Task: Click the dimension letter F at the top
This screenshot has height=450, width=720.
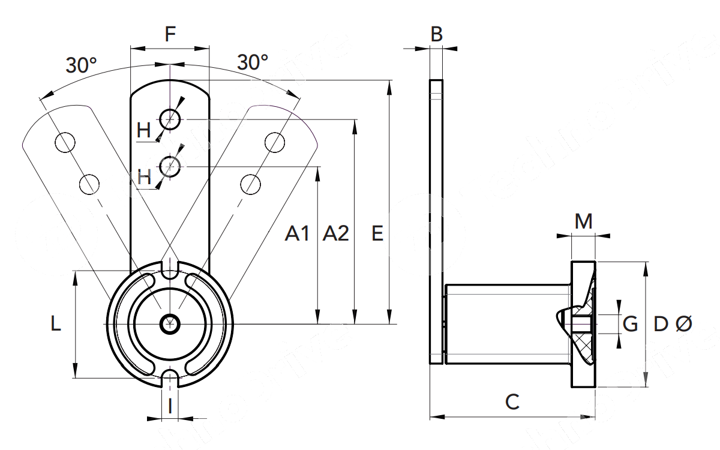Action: [x=170, y=34]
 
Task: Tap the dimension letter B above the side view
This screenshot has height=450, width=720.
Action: [x=437, y=34]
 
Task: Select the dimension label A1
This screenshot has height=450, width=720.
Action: [x=297, y=233]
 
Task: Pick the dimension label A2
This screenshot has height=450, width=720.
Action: [x=335, y=233]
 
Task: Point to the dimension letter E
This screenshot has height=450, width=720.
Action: [x=377, y=233]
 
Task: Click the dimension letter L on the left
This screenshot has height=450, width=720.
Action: [x=56, y=325]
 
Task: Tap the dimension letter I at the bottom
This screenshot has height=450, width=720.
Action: [x=170, y=406]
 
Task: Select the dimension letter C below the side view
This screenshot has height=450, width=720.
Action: [x=512, y=401]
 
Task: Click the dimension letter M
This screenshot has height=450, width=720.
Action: [x=583, y=222]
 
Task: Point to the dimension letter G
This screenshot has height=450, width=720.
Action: [x=630, y=325]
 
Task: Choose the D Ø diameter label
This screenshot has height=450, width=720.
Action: [x=672, y=325]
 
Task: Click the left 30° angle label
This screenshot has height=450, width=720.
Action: [x=82, y=65]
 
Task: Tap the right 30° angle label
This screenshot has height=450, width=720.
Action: [x=253, y=61]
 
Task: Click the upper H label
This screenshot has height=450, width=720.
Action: [x=144, y=130]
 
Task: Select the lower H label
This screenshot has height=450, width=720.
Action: [x=144, y=177]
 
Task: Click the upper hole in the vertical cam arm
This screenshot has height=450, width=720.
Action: [x=171, y=119]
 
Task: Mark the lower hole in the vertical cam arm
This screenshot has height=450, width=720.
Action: [x=171, y=166]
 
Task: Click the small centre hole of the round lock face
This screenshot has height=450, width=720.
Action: [x=170, y=323]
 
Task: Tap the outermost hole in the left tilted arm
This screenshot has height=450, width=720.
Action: [x=65, y=142]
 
